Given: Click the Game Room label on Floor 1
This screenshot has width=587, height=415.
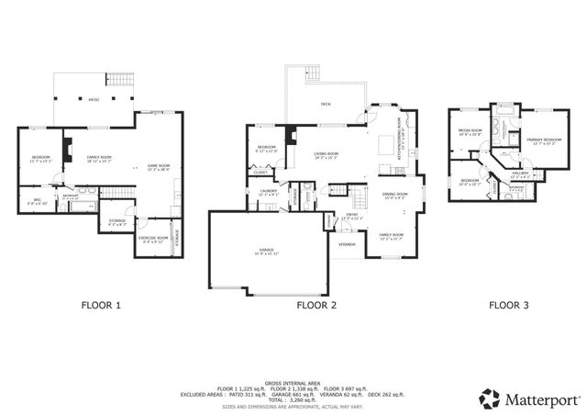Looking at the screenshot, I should click(x=159, y=167).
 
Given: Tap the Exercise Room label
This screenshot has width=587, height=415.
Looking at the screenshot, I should click(x=152, y=238).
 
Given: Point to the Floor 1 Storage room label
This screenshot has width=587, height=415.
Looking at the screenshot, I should click(x=116, y=220).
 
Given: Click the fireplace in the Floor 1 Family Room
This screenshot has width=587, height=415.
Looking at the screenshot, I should click(x=66, y=148).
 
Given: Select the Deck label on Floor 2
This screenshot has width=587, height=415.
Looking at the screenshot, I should click(x=326, y=104).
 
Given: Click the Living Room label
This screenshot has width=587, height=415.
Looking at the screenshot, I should click(x=327, y=155).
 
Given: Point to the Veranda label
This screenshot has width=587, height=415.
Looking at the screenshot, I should click(x=347, y=245).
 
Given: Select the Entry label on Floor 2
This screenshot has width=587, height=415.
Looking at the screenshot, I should click(x=349, y=218).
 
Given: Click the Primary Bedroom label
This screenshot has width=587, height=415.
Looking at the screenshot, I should click(x=540, y=140).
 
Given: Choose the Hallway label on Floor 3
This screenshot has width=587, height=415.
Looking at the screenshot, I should click(x=521, y=174).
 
